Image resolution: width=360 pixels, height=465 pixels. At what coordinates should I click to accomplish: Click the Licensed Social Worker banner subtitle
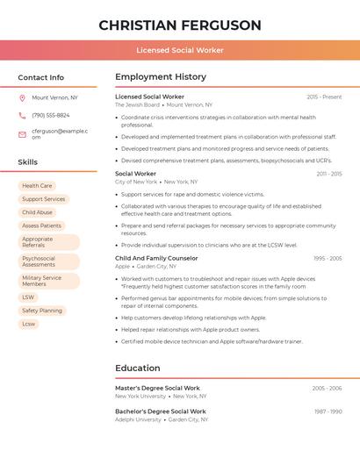click(180, 50)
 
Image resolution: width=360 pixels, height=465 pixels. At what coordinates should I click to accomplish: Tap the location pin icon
click(22, 98)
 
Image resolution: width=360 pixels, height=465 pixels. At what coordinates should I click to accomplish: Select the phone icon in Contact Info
click(22, 116)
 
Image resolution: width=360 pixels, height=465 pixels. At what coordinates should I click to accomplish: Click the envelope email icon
click(22, 134)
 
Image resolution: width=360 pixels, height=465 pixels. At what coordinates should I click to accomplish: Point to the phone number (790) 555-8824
click(51, 116)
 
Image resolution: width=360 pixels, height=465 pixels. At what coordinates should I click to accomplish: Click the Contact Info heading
click(41, 77)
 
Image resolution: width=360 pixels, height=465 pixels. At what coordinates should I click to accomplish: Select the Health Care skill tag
click(37, 186)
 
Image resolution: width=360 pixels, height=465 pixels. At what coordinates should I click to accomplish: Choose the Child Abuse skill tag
click(37, 212)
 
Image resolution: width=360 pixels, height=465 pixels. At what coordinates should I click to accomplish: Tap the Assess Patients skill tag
click(41, 225)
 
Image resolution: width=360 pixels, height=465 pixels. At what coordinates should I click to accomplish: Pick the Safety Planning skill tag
click(42, 311)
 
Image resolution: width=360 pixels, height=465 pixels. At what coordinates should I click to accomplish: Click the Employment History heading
click(161, 76)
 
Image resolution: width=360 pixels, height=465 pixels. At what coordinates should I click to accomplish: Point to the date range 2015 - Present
click(324, 97)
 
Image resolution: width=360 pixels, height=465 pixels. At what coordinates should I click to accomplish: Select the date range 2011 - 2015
click(329, 174)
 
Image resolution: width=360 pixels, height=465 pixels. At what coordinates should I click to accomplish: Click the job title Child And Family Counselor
click(156, 258)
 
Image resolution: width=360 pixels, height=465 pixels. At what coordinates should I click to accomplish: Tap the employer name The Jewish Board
click(137, 104)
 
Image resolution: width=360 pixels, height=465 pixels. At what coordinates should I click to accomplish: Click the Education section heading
click(138, 368)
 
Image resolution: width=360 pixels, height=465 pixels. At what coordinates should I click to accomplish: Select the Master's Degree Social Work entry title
click(157, 388)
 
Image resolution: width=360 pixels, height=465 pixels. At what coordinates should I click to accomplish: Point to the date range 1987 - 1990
click(328, 411)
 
